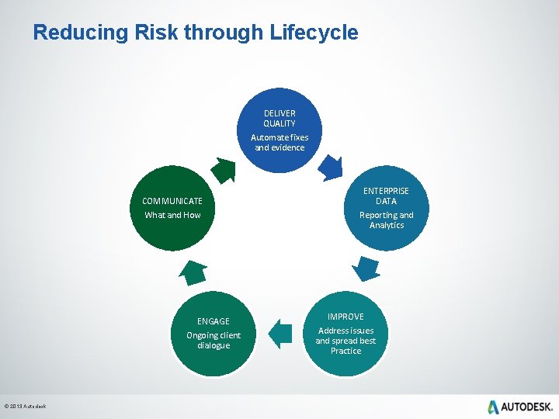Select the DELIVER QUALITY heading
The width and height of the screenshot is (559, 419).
[x=279, y=118]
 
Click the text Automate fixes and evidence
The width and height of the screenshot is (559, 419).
[x=279, y=142]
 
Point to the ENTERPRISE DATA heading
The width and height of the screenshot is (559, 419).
[x=387, y=196]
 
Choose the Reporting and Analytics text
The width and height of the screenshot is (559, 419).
[x=387, y=220]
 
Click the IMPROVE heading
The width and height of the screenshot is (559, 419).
[x=345, y=317]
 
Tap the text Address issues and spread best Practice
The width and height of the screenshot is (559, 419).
[x=345, y=341]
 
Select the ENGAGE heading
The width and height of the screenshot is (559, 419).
[x=214, y=321]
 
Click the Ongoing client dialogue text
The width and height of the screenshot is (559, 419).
[x=214, y=340]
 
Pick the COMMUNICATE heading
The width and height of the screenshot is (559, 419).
[x=172, y=201]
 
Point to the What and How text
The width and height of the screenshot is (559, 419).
[x=172, y=215]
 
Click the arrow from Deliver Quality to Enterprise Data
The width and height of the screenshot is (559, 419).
[x=330, y=168]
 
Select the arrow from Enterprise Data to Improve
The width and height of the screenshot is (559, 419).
[x=365, y=267]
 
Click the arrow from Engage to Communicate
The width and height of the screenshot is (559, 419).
[x=193, y=272]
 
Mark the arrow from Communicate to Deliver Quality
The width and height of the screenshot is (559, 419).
[x=224, y=169]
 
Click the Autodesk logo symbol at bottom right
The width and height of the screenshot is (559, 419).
[x=494, y=407]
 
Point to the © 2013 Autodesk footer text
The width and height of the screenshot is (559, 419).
[x=26, y=407]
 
